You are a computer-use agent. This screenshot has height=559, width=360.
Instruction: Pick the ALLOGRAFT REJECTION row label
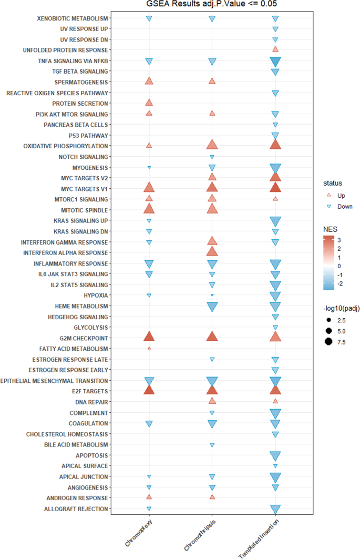77,509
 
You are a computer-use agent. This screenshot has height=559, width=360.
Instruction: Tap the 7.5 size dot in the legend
330,342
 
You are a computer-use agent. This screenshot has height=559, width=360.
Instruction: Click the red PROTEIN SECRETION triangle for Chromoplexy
149,103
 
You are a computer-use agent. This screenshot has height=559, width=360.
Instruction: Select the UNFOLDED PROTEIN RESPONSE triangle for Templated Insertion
275,49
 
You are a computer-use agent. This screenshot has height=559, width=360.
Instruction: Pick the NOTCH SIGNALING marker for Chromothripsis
212,157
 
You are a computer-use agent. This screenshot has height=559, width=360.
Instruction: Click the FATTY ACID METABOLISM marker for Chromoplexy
149,348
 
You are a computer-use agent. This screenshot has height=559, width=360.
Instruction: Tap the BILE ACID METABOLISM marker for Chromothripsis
212,444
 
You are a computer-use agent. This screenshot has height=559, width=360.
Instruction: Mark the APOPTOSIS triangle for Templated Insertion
275,455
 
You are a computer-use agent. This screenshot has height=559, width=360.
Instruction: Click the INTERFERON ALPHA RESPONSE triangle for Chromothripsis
212,252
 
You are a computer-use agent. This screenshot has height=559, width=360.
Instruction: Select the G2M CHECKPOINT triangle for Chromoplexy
149,337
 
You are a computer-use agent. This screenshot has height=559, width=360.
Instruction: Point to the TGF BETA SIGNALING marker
275,72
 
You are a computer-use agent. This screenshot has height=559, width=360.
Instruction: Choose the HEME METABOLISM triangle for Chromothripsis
212,307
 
